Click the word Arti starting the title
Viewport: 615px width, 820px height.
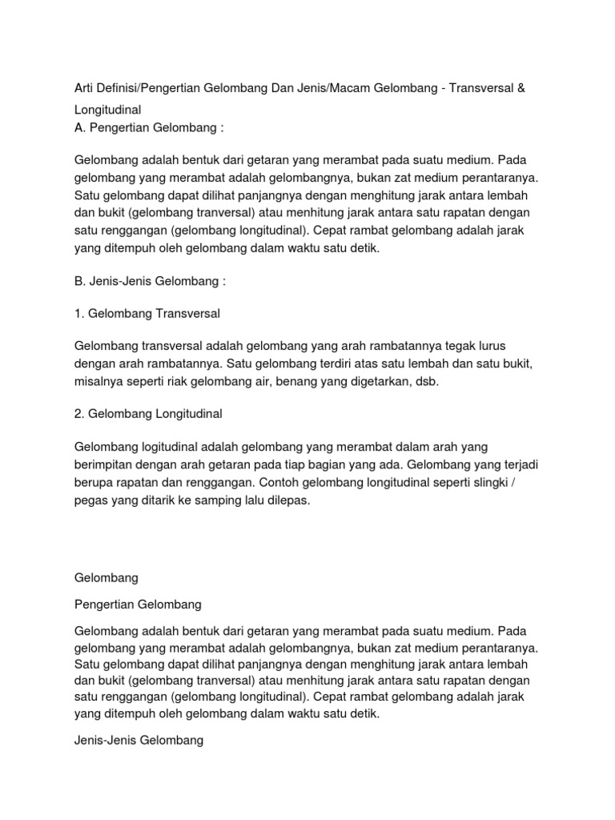coord(85,85)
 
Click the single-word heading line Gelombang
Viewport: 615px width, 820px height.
coord(107,577)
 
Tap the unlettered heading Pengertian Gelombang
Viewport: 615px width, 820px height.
coord(138,604)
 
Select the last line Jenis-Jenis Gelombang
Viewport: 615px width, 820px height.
coord(139,742)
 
